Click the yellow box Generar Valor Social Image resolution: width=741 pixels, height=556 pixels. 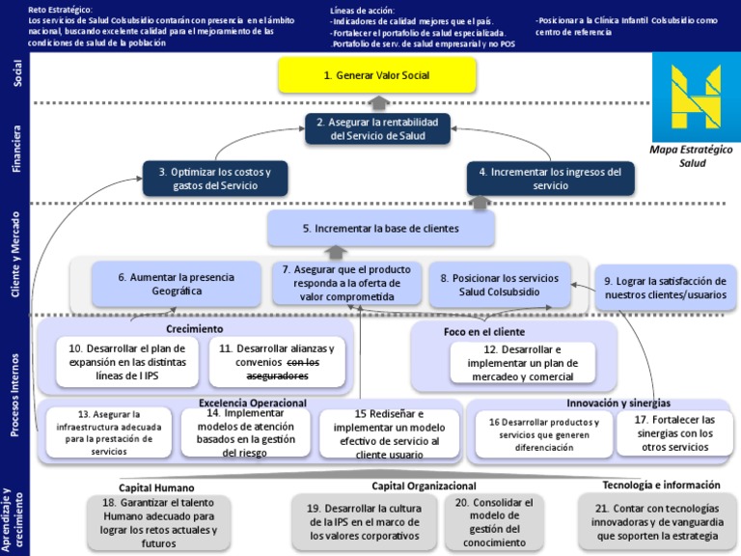377,75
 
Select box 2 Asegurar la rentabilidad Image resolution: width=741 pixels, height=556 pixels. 377,129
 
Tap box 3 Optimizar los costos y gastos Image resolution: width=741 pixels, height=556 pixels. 215,179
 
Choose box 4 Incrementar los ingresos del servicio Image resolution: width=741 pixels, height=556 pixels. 551,179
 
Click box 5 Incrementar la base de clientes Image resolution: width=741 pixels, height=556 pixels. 380,229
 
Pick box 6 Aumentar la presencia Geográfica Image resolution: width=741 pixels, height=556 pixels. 177,284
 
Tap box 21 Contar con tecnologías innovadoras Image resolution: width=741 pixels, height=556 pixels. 657,522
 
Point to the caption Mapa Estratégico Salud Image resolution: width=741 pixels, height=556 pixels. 692,155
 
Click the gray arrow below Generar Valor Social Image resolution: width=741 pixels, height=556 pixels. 378,102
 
